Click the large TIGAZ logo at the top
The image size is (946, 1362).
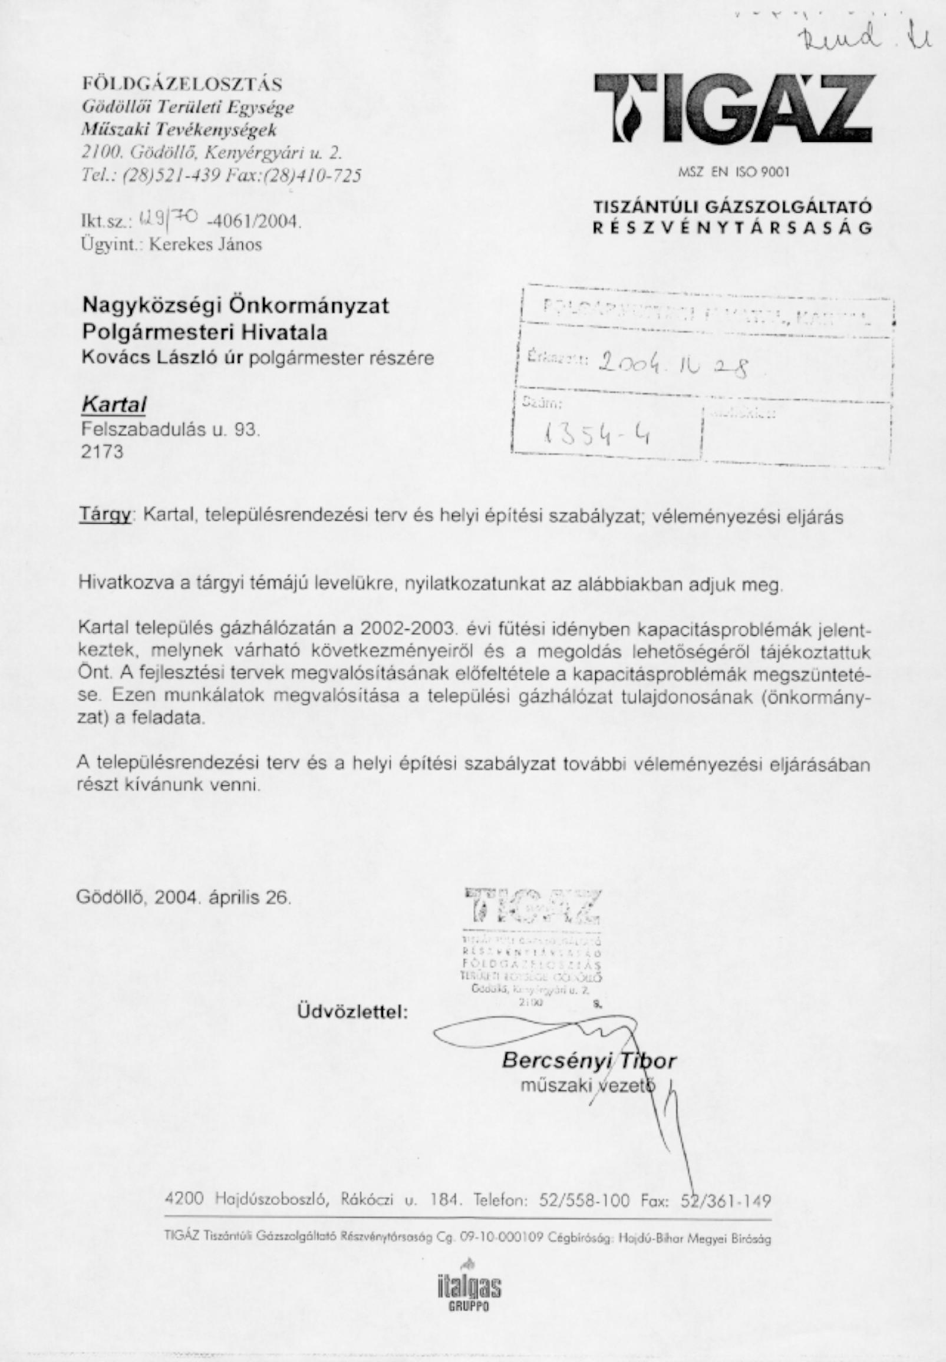734,109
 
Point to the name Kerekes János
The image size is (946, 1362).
205,244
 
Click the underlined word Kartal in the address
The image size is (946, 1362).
114,405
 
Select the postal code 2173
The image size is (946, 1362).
103,452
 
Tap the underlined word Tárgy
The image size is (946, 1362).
104,516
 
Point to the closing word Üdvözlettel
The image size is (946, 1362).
352,1012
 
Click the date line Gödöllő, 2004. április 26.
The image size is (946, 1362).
184,897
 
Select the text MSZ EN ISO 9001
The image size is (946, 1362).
734,173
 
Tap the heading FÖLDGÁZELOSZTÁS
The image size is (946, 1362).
182,84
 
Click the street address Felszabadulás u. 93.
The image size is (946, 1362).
171,428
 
